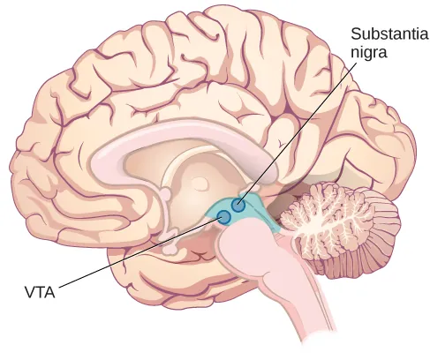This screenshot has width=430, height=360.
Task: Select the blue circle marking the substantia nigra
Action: click(238, 206)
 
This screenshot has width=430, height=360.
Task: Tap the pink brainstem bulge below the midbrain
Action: click(247, 256)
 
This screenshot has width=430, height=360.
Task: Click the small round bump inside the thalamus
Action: click(201, 184)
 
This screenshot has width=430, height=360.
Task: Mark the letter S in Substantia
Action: click(356, 35)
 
